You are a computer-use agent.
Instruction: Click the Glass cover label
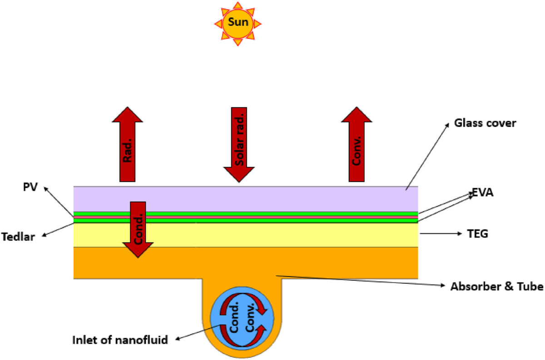(486, 123)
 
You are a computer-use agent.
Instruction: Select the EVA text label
(482, 193)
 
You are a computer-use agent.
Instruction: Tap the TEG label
(477, 234)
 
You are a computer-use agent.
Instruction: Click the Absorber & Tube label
(496, 286)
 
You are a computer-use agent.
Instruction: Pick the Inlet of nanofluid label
(120, 340)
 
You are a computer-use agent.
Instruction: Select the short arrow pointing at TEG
(441, 234)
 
